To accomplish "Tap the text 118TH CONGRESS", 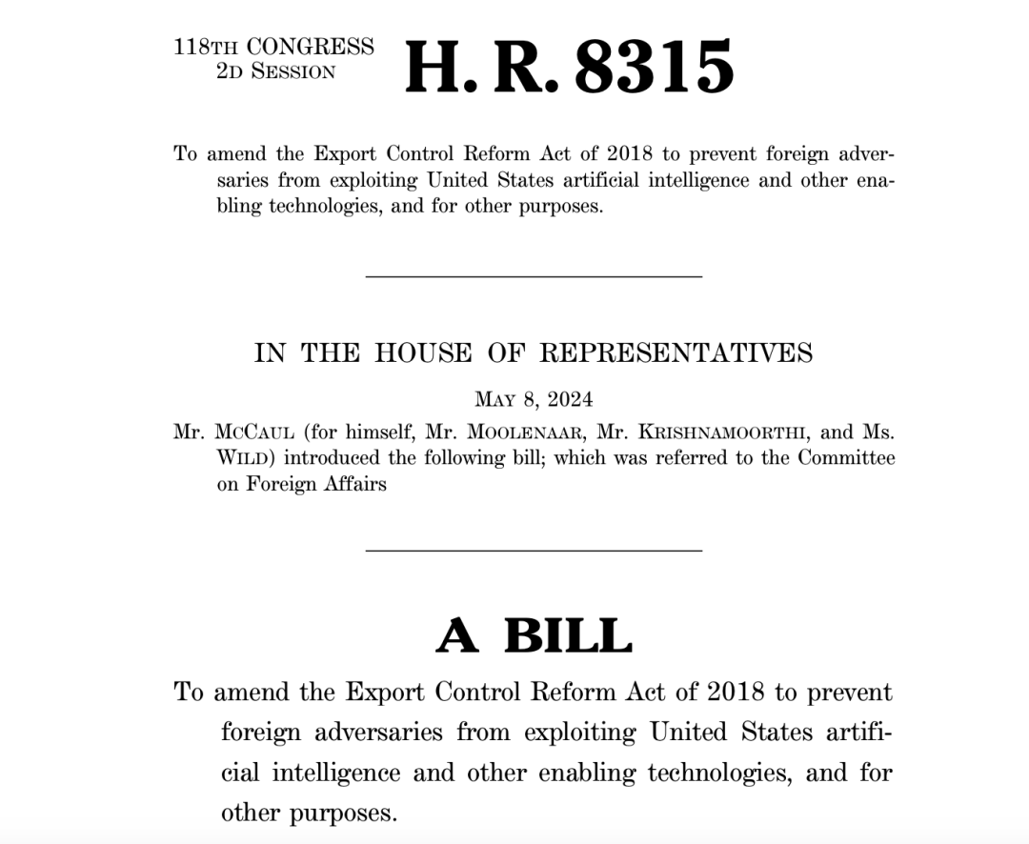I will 273,48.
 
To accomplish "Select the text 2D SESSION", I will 276,72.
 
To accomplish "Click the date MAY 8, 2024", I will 533,399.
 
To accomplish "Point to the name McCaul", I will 254,432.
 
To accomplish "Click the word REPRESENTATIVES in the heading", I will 676,353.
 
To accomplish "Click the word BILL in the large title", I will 568,636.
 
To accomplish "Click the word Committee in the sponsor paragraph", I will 846,458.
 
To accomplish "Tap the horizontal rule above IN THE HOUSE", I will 534,276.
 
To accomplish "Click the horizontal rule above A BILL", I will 534,550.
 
